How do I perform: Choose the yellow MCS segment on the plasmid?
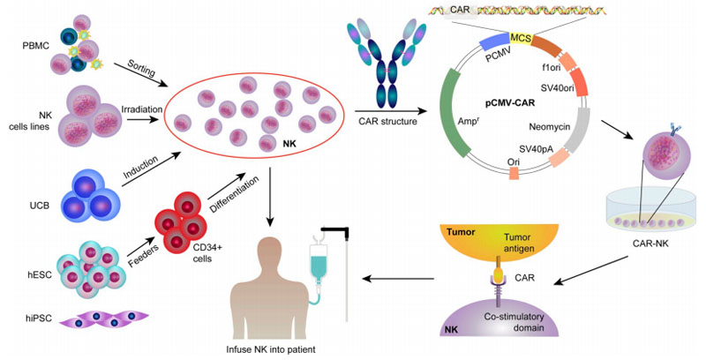point(522,39)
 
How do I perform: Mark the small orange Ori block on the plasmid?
point(514,175)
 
